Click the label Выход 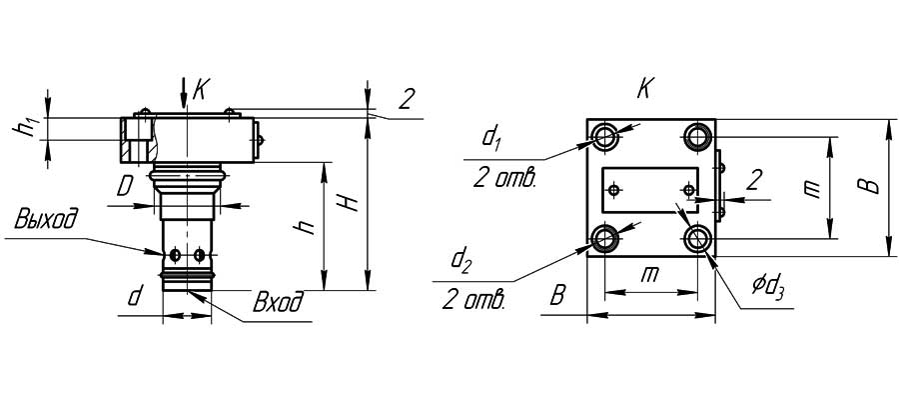click(x=45, y=219)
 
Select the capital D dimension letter click(x=124, y=186)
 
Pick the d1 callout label click(x=490, y=137)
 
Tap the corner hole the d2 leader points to click(x=605, y=238)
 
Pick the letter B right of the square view click(x=871, y=187)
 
